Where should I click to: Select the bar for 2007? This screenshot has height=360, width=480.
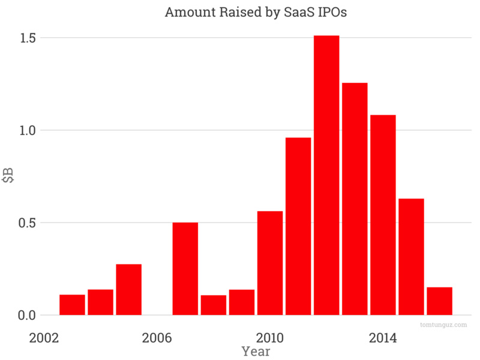point(185,269)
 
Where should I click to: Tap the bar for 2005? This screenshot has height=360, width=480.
point(128,289)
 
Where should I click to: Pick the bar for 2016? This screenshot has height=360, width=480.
point(439,301)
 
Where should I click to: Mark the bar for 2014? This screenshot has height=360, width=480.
point(383,215)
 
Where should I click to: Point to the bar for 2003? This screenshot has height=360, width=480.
point(72,305)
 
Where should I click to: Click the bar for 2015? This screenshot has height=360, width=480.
point(411,257)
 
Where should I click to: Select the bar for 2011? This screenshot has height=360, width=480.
point(298,226)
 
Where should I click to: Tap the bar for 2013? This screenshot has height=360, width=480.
point(355,199)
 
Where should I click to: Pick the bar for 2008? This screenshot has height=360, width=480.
point(213,305)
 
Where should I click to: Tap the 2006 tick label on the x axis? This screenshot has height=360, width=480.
point(157,338)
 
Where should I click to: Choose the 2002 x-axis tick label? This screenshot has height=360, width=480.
point(44,338)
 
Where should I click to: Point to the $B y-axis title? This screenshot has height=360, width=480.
point(8,176)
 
